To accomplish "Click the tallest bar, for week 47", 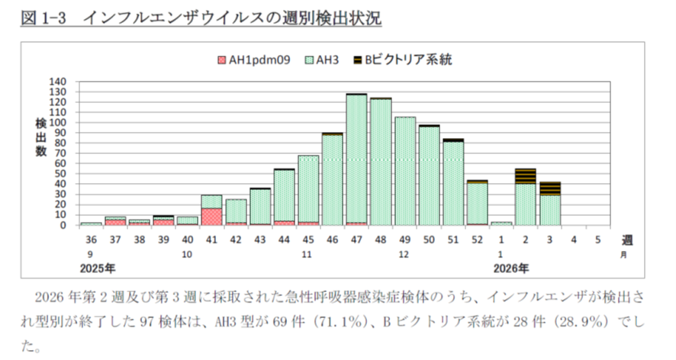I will pos(356,159).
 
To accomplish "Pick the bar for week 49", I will pos(405,171).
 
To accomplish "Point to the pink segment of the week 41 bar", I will pos(211,217).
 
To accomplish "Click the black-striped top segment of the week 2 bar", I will pos(525,175).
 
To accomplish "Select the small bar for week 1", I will pos(501,223).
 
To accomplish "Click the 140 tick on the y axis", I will pos(58,82).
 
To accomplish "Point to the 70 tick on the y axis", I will pos(61,153).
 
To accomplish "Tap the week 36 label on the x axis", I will pos(91,239).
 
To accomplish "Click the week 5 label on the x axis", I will pos(597,239).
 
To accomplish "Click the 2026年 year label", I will pos(508,268).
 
